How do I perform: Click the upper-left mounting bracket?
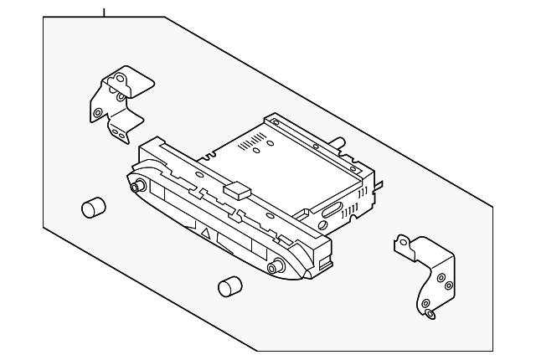click(x=117, y=100)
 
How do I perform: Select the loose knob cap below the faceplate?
click(x=226, y=287)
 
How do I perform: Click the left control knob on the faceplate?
click(x=137, y=185)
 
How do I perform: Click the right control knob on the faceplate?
click(x=274, y=267)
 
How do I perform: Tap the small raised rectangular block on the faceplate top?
click(x=237, y=190)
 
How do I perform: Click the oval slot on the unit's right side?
click(x=332, y=208)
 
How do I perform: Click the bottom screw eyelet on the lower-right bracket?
click(x=429, y=314)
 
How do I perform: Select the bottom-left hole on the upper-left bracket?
click(x=99, y=112)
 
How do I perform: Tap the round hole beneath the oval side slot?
click(x=322, y=225)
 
